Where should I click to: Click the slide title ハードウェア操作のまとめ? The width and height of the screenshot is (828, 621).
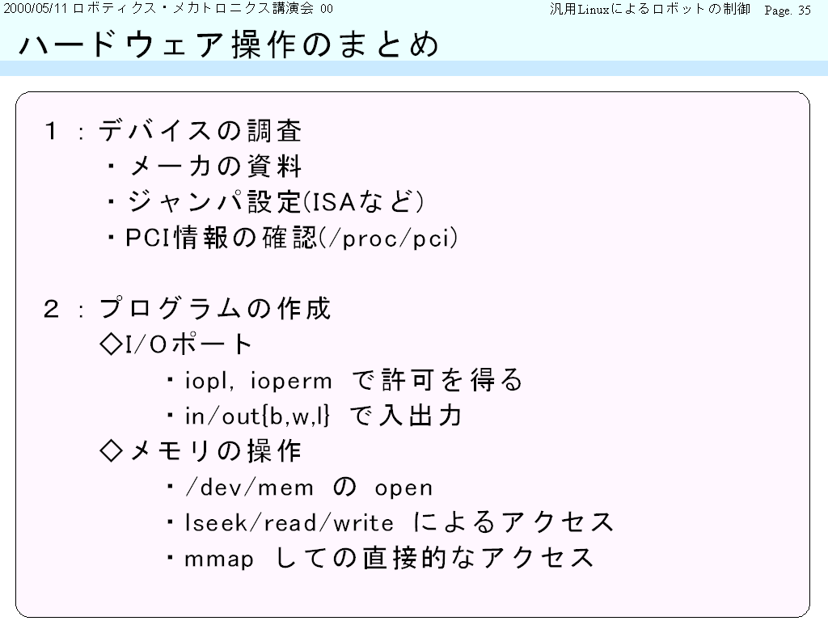coord(229,44)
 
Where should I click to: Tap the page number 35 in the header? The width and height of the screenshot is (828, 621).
coord(805,10)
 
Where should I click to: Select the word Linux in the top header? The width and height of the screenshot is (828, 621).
coord(594,10)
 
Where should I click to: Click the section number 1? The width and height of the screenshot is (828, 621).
coord(51,131)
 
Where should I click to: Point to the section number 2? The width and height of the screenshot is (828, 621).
coord(51,309)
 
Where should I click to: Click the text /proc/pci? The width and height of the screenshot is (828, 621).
coord(388,239)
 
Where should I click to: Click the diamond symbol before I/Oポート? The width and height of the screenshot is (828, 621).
coord(111,344)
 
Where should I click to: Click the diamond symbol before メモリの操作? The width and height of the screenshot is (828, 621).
coord(111,451)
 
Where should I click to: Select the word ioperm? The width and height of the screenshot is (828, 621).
coord(291,382)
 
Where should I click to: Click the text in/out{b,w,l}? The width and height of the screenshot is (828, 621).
coord(257,416)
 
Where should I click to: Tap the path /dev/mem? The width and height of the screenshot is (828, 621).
coord(249,488)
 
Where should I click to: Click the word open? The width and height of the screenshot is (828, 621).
coord(403,488)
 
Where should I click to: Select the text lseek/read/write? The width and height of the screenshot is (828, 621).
coord(289,523)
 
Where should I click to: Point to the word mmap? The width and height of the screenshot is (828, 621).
coord(219,560)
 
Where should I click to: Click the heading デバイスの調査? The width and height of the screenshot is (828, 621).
coord(200,131)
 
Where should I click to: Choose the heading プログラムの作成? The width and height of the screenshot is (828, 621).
coord(214,309)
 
